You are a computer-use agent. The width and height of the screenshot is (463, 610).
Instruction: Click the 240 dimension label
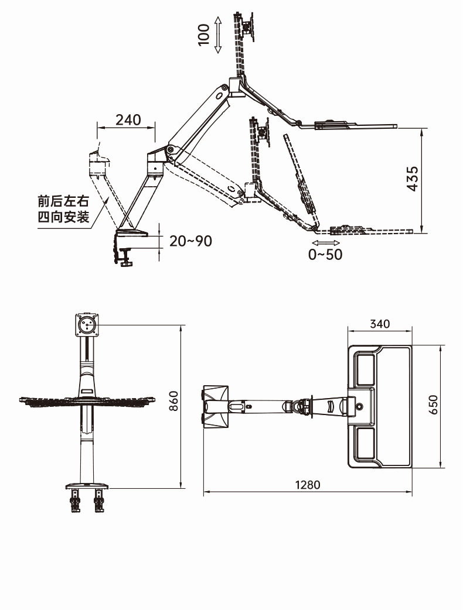128,120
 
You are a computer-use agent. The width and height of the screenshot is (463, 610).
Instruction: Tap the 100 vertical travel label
203,35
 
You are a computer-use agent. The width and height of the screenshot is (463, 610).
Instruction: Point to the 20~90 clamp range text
190,241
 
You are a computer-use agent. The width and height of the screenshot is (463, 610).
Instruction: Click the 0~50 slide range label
325,254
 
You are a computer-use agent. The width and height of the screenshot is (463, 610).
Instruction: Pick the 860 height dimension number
173,401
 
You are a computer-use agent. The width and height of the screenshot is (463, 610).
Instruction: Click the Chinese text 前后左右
63,201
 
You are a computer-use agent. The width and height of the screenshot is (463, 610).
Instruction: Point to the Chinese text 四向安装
63,217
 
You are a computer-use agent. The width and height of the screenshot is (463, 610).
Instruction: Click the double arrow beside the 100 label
218,35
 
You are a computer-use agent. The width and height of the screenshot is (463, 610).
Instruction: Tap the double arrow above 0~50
325,242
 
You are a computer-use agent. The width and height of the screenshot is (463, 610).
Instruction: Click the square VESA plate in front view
86,324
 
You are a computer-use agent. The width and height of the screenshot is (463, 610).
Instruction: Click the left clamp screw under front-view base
75,501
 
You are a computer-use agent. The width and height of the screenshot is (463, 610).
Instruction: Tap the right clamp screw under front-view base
98,501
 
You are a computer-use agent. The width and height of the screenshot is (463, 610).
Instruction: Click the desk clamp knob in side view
125,262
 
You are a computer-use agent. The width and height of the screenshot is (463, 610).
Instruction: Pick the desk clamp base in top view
216,406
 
